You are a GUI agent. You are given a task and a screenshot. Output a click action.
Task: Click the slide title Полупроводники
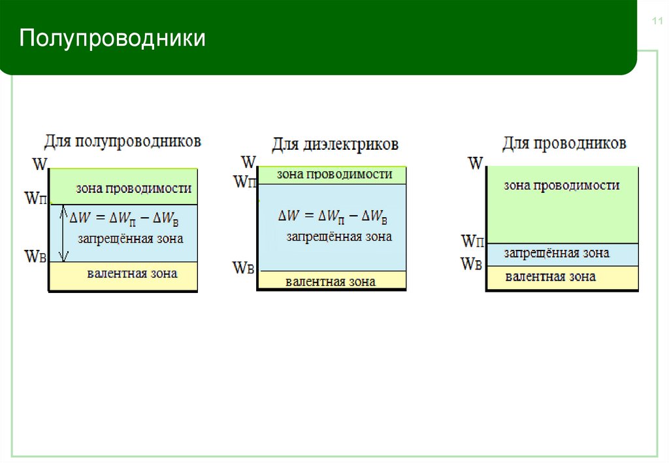click(112, 38)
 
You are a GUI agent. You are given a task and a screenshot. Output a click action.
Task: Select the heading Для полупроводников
click(123, 141)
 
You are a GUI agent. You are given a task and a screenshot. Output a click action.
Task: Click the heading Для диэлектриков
click(335, 144)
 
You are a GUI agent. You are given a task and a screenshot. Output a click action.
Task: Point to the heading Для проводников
click(564, 143)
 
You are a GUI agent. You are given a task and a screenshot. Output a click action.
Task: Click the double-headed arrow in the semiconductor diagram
click(63, 233)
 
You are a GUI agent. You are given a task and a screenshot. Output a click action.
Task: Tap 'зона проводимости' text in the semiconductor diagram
click(133, 188)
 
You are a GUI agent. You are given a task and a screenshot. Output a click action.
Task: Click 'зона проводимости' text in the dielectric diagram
click(334, 175)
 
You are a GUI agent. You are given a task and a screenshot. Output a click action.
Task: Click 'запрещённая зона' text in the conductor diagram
click(557, 253)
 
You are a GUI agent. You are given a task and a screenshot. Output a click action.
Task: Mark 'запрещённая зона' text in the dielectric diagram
click(339, 237)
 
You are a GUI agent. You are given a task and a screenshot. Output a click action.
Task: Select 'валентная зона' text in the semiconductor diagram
click(132, 273)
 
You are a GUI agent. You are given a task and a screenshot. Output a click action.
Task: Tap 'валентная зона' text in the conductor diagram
click(550, 277)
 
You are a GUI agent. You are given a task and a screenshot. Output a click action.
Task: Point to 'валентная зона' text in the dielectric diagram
click(330, 282)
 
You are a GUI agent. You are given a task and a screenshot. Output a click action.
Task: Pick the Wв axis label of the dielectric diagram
click(243, 267)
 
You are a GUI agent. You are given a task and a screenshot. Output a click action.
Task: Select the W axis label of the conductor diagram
click(476, 163)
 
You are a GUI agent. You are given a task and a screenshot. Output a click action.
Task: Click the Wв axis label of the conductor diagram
click(471, 264)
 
